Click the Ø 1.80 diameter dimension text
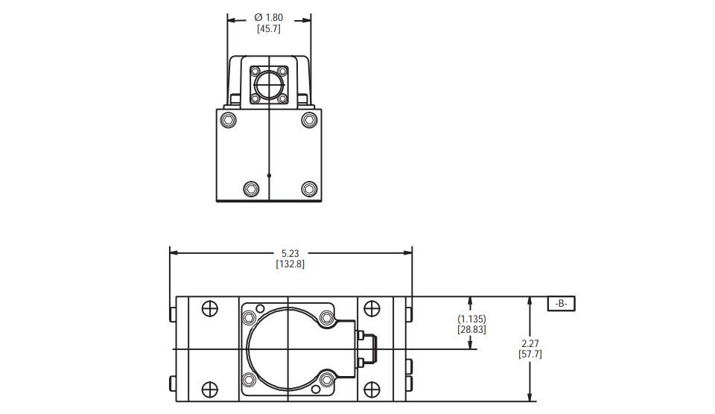(269, 17)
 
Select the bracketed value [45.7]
(269, 29)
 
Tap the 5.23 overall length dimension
(290, 253)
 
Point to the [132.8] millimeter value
(290, 264)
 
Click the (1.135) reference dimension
(471, 319)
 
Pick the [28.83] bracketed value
(471, 329)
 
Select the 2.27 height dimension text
(530, 343)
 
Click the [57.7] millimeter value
(530, 354)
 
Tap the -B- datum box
(562, 304)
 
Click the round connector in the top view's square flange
(269, 84)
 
